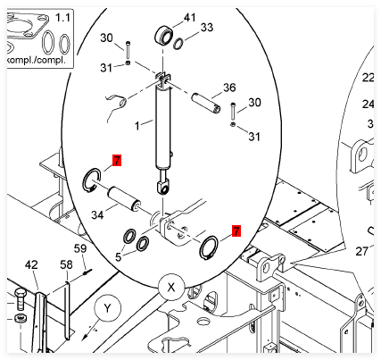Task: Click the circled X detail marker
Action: coord(171,288)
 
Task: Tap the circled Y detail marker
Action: coord(107,308)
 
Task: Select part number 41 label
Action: coord(189,18)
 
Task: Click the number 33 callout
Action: coord(207,28)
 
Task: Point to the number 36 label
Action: coord(229,88)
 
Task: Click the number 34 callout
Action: coord(97,214)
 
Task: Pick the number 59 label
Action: coord(80,248)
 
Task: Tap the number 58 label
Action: coord(66,264)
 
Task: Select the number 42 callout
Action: coord(31,264)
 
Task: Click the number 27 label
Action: coord(361,252)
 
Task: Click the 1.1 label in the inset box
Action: coord(62,18)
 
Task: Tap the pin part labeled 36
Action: coord(205,104)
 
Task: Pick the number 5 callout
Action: coord(119,256)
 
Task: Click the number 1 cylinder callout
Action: coord(137,126)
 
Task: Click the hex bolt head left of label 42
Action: coord(21,293)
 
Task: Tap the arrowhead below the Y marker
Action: coord(85,337)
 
